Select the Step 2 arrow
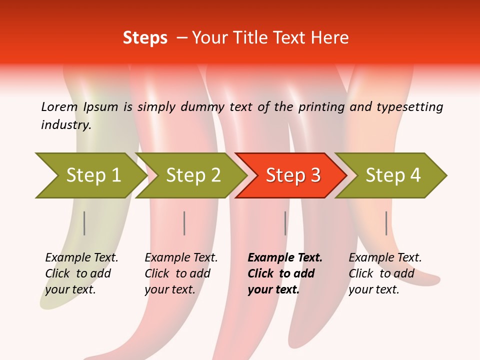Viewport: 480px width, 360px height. (x=192, y=175)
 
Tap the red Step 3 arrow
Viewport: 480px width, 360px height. (x=292, y=175)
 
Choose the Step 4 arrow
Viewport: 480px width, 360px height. (x=392, y=175)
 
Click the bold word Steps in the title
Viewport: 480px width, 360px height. (x=145, y=38)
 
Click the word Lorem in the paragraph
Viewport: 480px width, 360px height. (x=59, y=106)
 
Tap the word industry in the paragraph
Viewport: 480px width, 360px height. (x=65, y=124)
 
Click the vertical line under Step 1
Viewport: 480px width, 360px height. (x=84, y=223)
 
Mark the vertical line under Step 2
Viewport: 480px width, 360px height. (x=184, y=223)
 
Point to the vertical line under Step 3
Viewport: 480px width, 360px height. (x=285, y=223)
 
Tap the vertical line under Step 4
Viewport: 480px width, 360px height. (x=386, y=223)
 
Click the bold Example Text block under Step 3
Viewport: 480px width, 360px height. (x=284, y=273)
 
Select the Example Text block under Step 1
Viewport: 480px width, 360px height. (x=81, y=273)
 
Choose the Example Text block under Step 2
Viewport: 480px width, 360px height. (x=181, y=273)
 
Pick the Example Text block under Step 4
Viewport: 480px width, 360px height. (x=385, y=273)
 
